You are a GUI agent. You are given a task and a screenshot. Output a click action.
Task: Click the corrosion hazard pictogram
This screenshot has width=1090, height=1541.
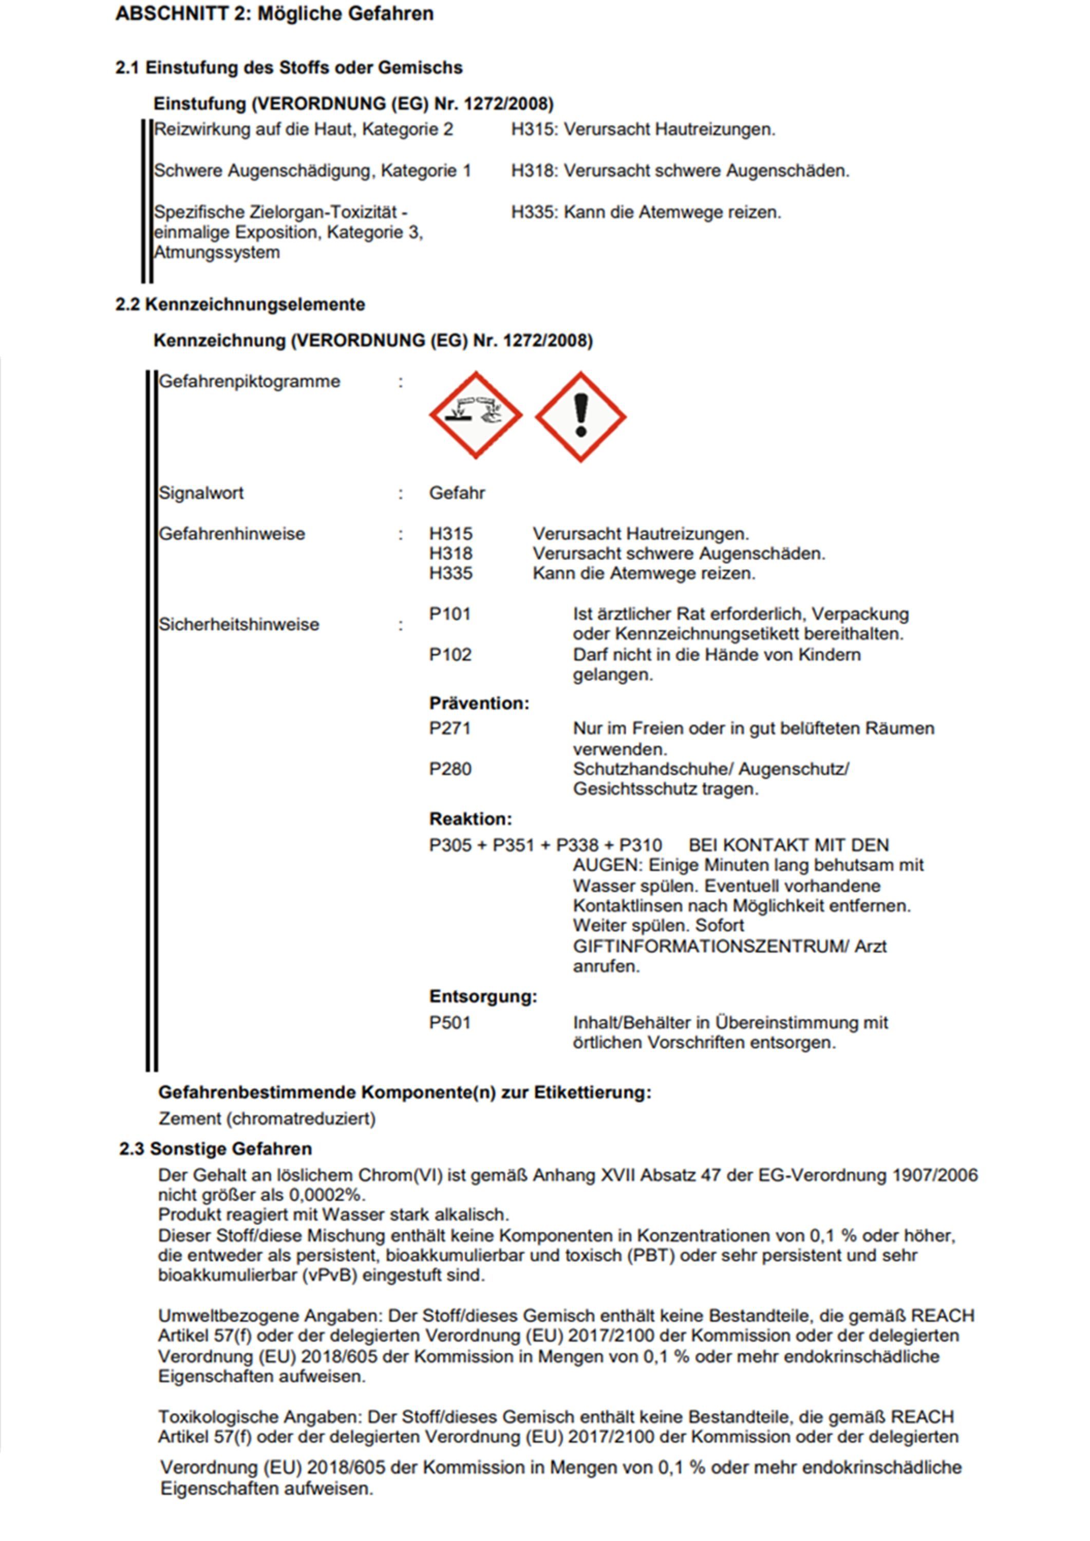476,416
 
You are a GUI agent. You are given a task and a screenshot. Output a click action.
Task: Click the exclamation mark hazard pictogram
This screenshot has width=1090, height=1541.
580,416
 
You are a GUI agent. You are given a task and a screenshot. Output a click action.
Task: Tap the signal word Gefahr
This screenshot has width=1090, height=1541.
457,493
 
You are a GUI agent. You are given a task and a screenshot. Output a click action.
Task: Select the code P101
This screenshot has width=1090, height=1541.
449,614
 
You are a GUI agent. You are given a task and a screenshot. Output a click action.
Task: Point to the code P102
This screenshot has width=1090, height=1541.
449,654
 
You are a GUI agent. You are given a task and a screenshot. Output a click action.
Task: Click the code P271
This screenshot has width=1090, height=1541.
449,728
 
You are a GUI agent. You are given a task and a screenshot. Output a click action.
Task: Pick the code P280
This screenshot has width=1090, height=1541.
449,769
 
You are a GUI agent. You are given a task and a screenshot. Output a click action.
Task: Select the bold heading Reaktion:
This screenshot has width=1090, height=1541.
471,819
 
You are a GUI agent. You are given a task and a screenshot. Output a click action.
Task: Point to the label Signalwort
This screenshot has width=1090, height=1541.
201,493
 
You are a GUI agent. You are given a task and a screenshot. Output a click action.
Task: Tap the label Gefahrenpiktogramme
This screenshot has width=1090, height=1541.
249,382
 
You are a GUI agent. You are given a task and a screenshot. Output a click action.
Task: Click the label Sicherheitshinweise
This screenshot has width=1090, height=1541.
238,625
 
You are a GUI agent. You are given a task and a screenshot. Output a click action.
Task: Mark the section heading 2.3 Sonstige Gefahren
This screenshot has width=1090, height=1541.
215,1149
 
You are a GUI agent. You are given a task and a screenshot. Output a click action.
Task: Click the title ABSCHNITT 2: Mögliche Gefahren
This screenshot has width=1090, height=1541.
274,14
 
